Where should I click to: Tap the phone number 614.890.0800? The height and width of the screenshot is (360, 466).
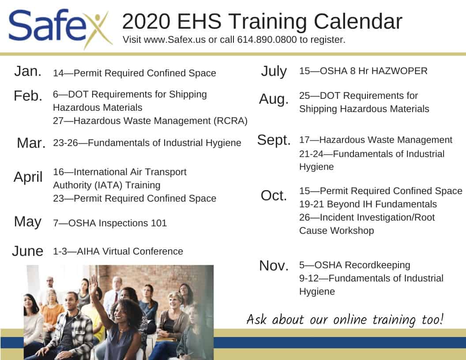click(267, 40)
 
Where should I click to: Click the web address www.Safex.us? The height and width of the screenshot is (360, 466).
click(175, 40)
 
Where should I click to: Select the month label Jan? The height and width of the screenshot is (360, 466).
click(28, 71)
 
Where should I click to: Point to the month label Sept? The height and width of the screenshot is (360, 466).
click(274, 140)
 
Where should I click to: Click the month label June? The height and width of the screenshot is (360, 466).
click(28, 251)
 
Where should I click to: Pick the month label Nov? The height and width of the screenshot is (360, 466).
click(274, 266)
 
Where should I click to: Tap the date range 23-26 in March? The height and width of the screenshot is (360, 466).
click(65, 143)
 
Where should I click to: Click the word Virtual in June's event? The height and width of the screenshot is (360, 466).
click(116, 251)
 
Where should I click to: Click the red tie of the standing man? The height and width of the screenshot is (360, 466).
click(115, 297)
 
